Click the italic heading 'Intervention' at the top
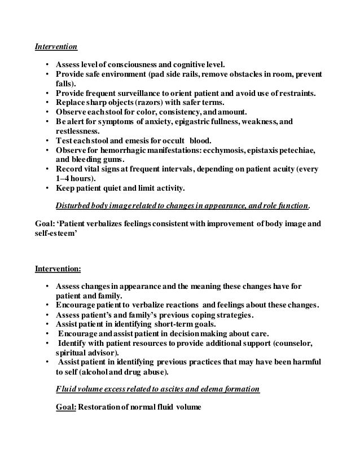click(56, 47)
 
